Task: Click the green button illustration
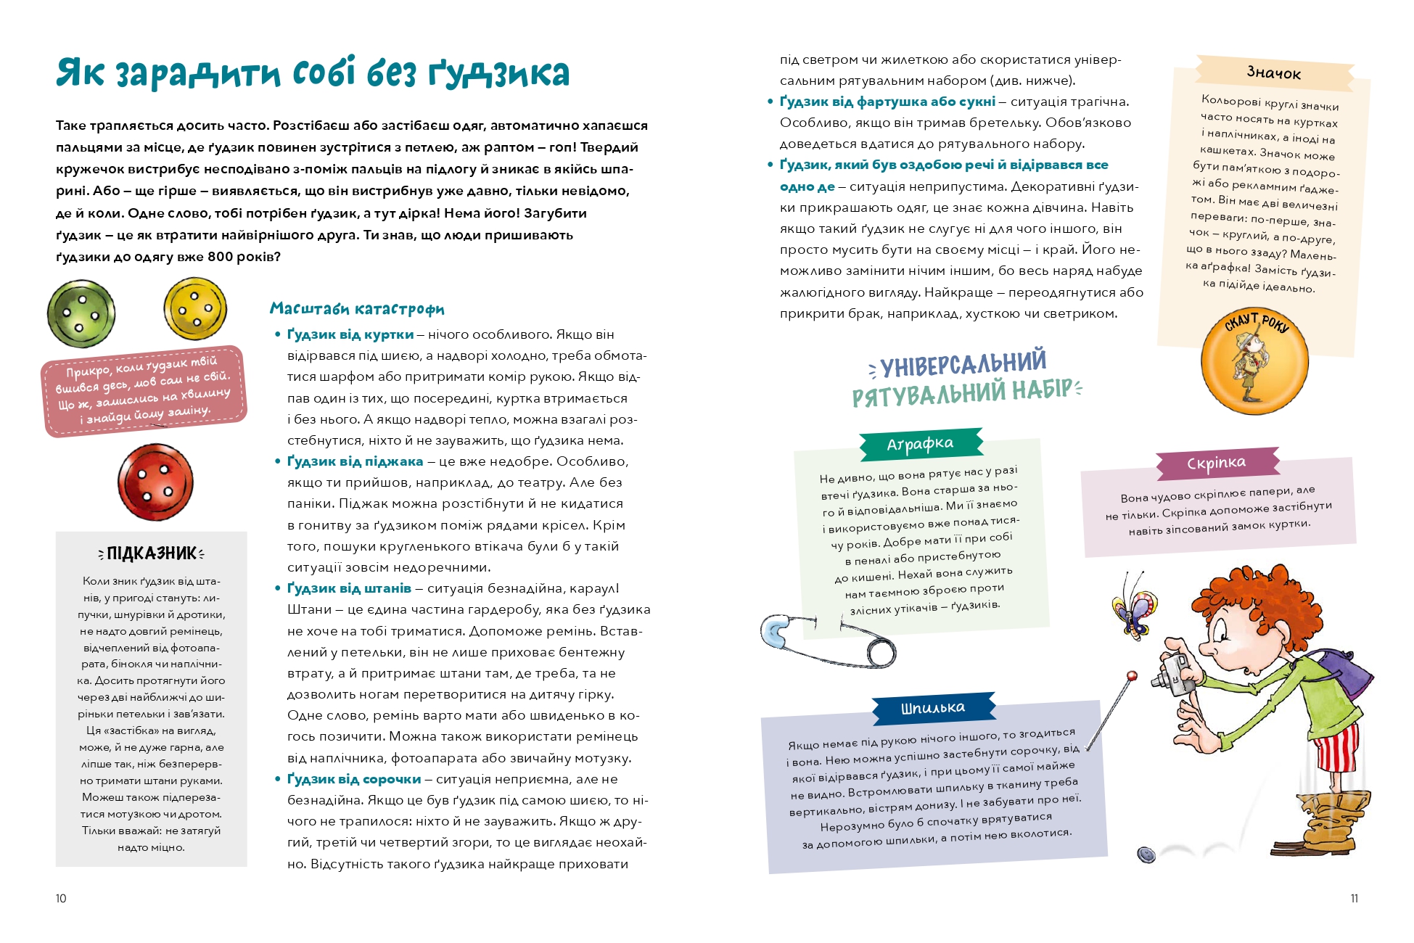coord(81,314)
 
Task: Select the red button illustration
coord(155,482)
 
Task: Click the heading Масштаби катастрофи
coord(357,309)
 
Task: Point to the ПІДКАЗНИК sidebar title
coord(151,553)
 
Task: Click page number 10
coord(61,898)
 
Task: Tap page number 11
coord(1354,898)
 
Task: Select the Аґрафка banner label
coord(920,444)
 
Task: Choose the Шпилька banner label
coord(933,708)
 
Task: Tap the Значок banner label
coord(1274,73)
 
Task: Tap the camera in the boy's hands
coord(1172,672)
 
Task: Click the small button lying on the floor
coord(1146,855)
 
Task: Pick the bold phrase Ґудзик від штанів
coord(349,588)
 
